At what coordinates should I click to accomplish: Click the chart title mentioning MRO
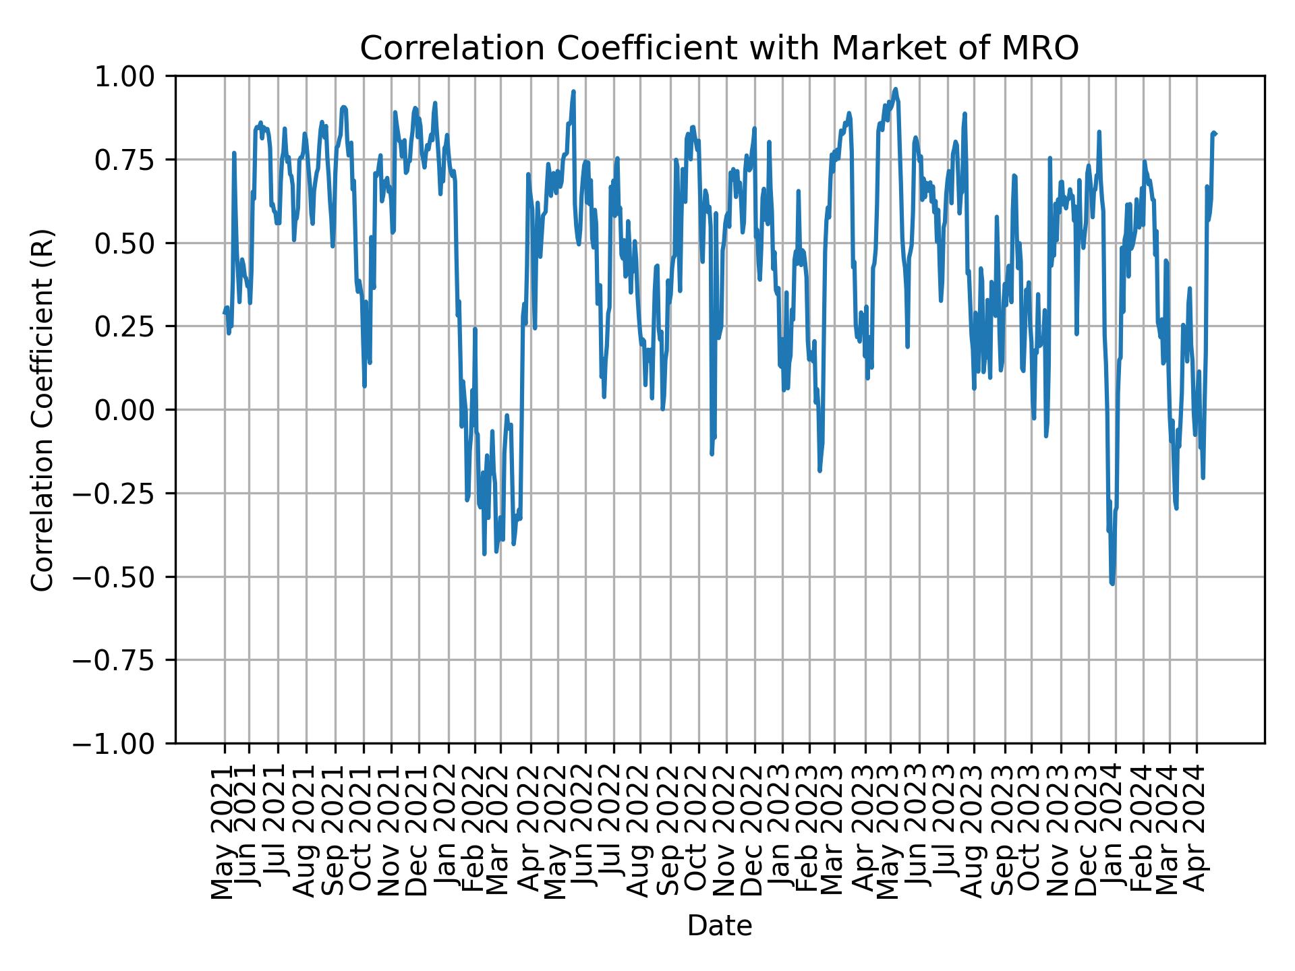(x=719, y=49)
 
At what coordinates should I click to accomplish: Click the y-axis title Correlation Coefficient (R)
(x=42, y=409)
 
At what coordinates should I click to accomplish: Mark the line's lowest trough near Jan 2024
(x=1112, y=583)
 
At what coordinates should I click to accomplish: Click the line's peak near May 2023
(x=895, y=88)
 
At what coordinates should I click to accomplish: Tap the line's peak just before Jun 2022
(x=573, y=91)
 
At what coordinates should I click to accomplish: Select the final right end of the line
(x=1215, y=134)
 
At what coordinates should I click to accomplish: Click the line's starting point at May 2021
(x=225, y=312)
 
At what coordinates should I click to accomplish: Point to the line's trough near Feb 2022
(x=484, y=554)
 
